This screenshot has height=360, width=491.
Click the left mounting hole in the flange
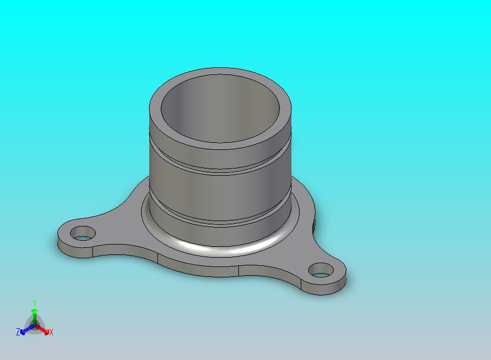point(83,234)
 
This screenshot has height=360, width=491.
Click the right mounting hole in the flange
point(321,270)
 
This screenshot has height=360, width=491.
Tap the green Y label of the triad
point(34,303)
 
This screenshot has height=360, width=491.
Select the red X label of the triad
point(51,333)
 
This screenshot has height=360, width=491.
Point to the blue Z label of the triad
point(18,332)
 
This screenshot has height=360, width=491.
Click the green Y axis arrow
point(34,317)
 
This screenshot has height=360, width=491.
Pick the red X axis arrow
point(42,329)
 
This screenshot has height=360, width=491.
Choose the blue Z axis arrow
point(27,329)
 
